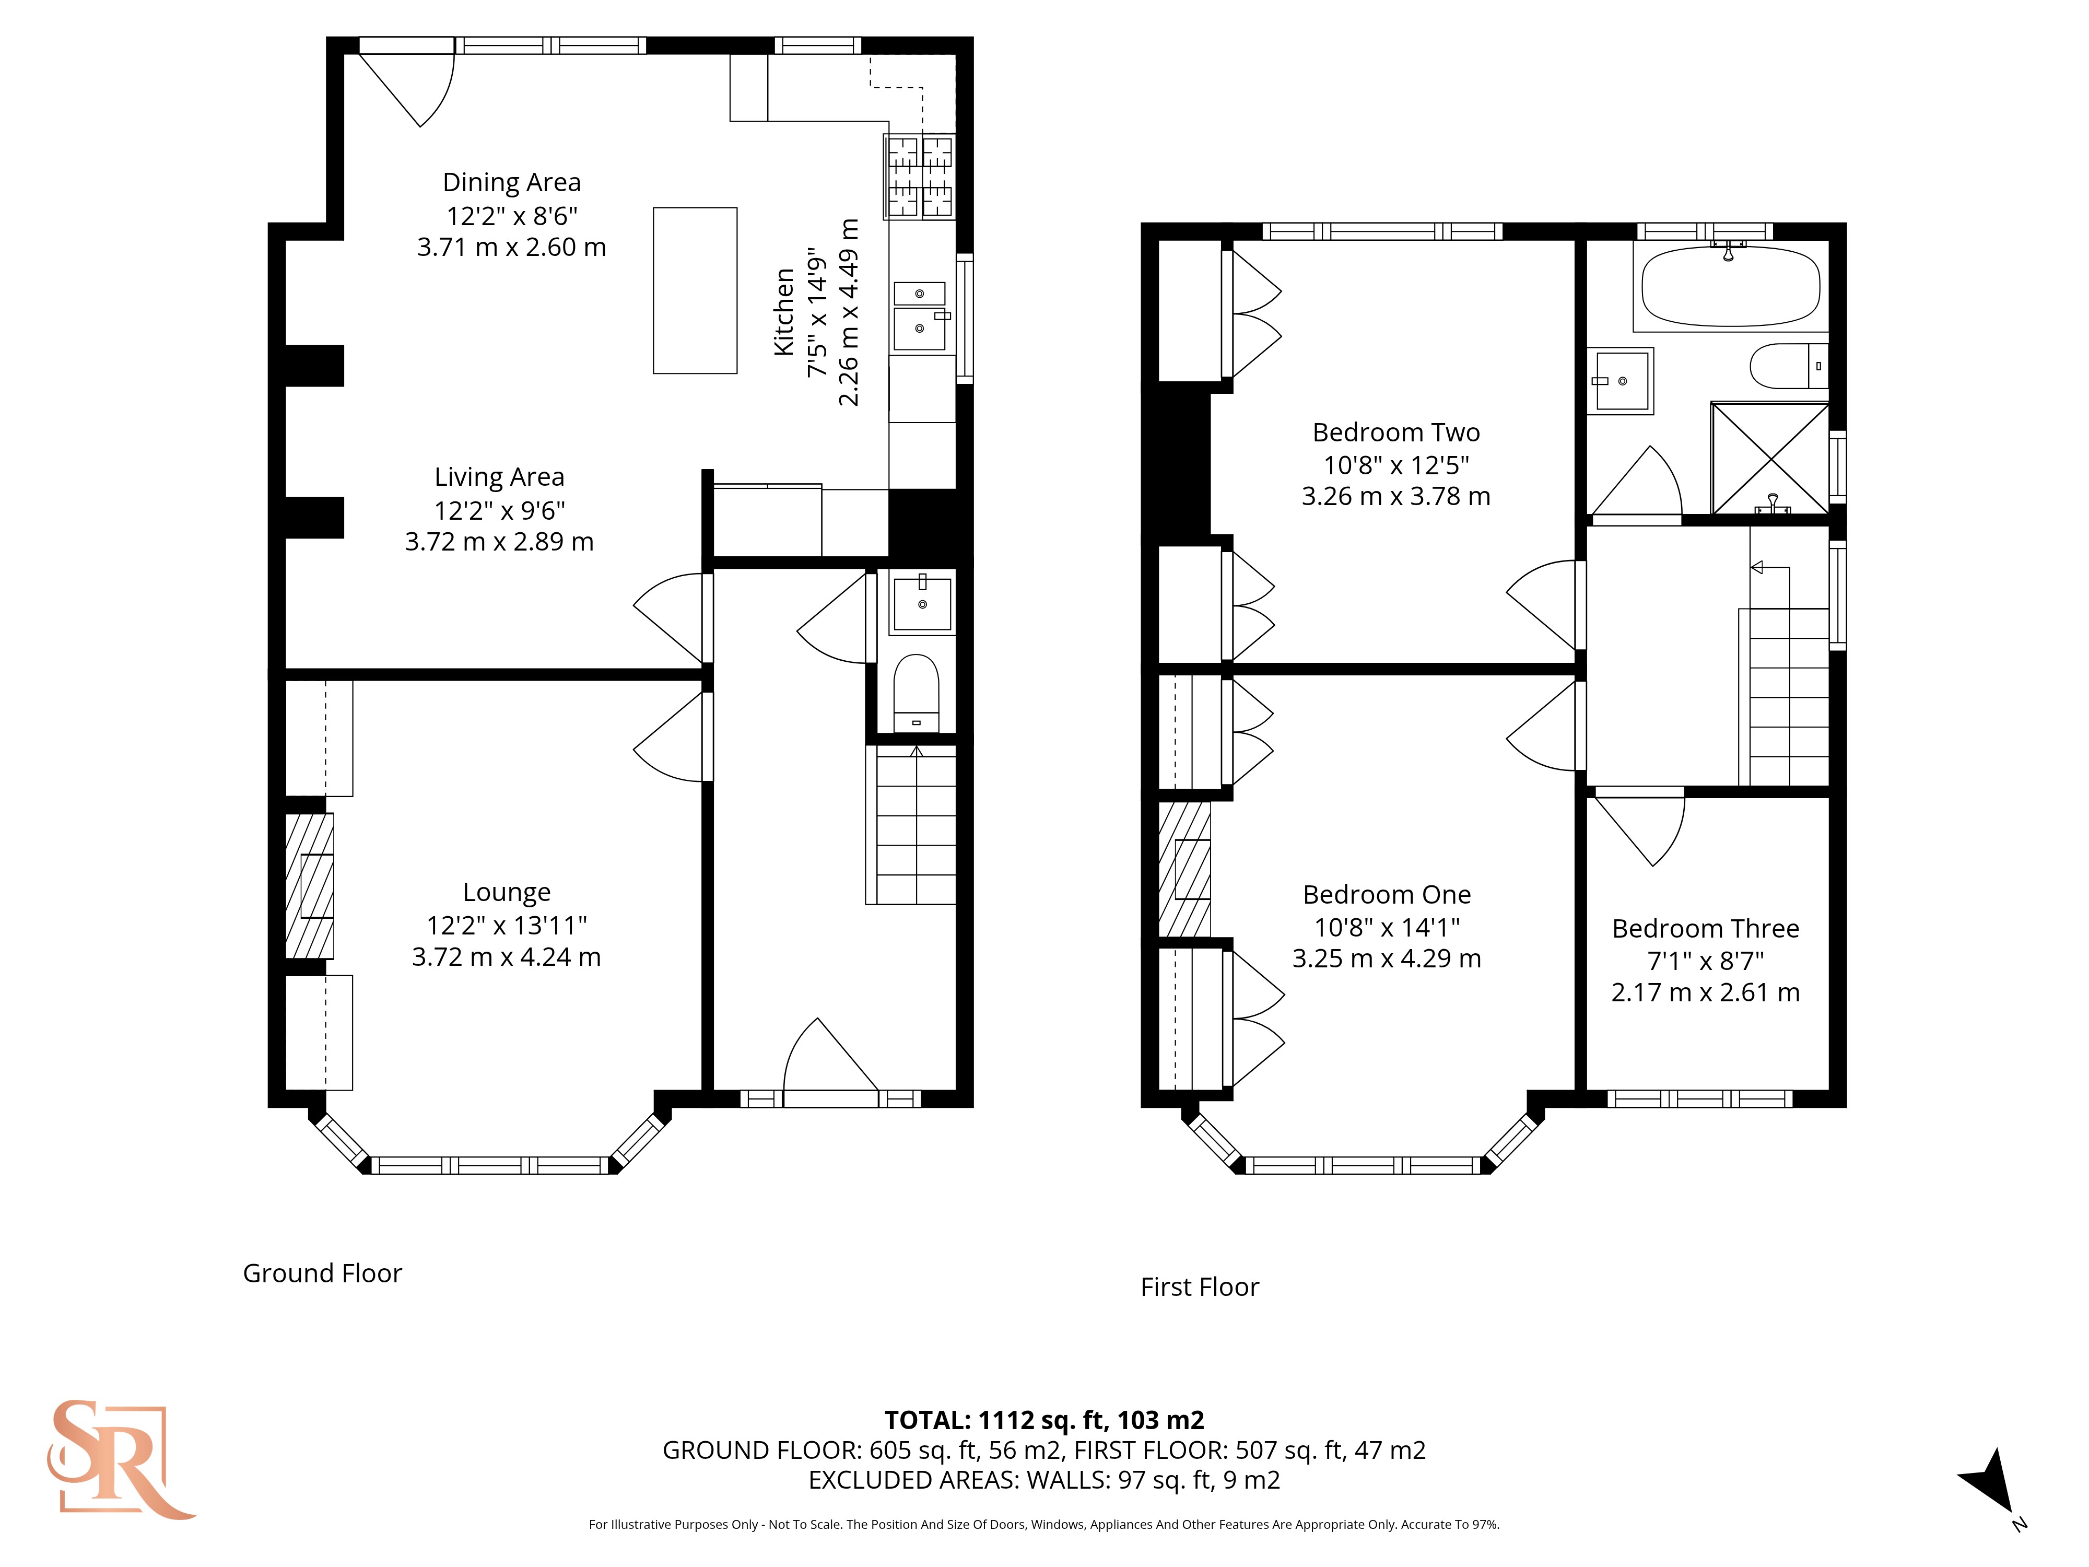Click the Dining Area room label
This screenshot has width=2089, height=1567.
[x=512, y=182]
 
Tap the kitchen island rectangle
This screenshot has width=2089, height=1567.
[x=695, y=291]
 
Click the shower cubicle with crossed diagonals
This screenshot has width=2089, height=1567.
[x=1770, y=459]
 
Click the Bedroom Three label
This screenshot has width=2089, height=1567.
[x=1706, y=929]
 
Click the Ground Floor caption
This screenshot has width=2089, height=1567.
[x=322, y=1273]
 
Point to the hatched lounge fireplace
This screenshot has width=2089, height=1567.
[x=310, y=886]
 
